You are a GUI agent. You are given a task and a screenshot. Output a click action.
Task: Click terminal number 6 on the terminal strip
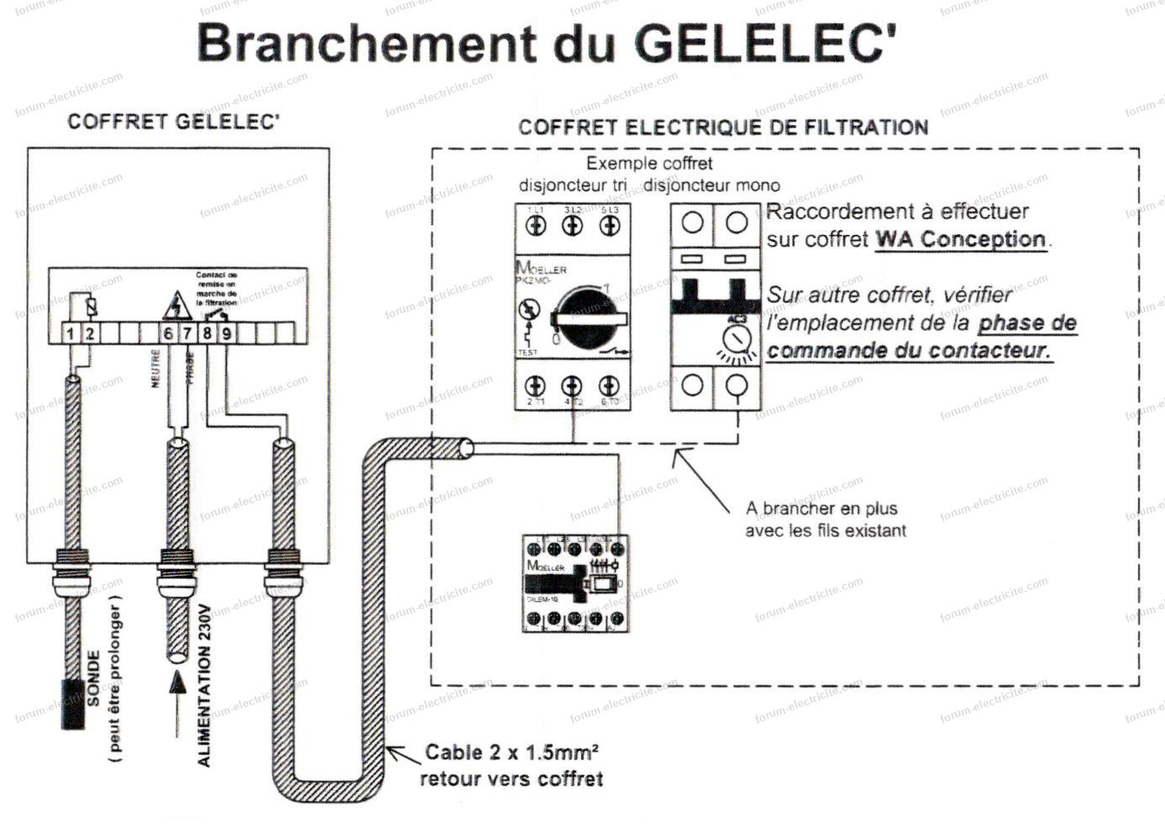(168, 334)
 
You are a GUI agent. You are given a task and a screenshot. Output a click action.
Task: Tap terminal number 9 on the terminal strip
(226, 334)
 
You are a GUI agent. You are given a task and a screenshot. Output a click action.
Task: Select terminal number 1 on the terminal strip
(71, 334)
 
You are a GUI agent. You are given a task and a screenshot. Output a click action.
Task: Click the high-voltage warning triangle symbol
(176, 306)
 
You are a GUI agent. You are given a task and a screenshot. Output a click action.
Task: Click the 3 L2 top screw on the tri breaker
(572, 225)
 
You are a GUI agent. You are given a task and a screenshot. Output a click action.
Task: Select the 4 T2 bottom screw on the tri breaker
(572, 386)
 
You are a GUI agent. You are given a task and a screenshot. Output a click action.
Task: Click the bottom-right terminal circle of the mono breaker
(737, 385)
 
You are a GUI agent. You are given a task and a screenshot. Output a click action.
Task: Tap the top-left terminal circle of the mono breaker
(692, 223)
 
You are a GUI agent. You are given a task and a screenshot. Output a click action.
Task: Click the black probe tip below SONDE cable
(72, 704)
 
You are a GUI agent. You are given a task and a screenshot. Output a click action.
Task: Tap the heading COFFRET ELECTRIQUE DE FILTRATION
(723, 127)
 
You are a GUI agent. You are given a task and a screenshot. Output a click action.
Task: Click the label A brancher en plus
(821, 508)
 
